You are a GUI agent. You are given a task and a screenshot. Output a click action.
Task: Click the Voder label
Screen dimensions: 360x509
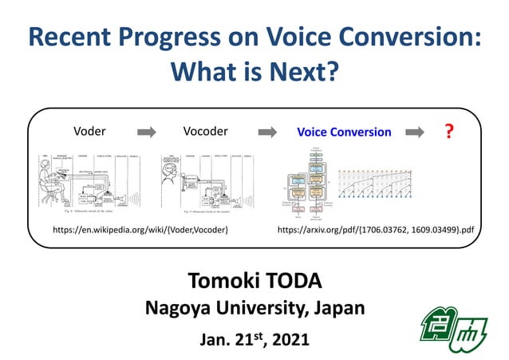tap(89, 132)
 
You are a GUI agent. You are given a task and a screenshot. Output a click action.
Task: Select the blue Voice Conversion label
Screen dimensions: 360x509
tap(344, 132)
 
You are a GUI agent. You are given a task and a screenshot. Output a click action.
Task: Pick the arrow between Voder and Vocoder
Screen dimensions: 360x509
tap(148, 132)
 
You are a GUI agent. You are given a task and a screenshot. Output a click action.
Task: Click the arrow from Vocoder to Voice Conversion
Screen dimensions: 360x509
tap(266, 132)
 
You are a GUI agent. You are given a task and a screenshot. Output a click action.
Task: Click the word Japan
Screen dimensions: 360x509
tap(338, 307)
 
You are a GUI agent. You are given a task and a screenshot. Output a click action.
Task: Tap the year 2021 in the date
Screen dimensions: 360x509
tap(289, 339)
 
